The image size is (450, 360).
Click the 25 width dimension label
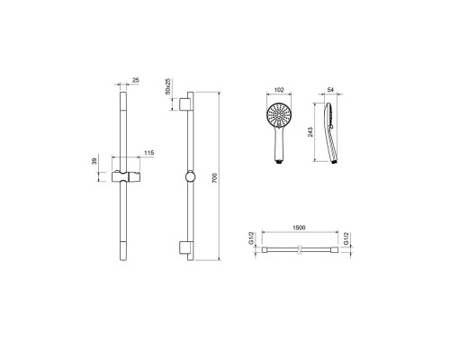[136, 80]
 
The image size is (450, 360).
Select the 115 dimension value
[148, 153]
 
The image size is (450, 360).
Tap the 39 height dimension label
[94, 161]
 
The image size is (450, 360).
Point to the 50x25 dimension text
[168, 86]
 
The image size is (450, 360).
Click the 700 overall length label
[214, 178]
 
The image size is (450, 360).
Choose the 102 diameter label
[279, 90]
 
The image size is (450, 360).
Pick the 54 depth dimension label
[330, 90]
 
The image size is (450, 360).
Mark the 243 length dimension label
[310, 132]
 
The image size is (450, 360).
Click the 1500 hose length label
[299, 228]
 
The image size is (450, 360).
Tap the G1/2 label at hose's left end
[251, 238]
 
